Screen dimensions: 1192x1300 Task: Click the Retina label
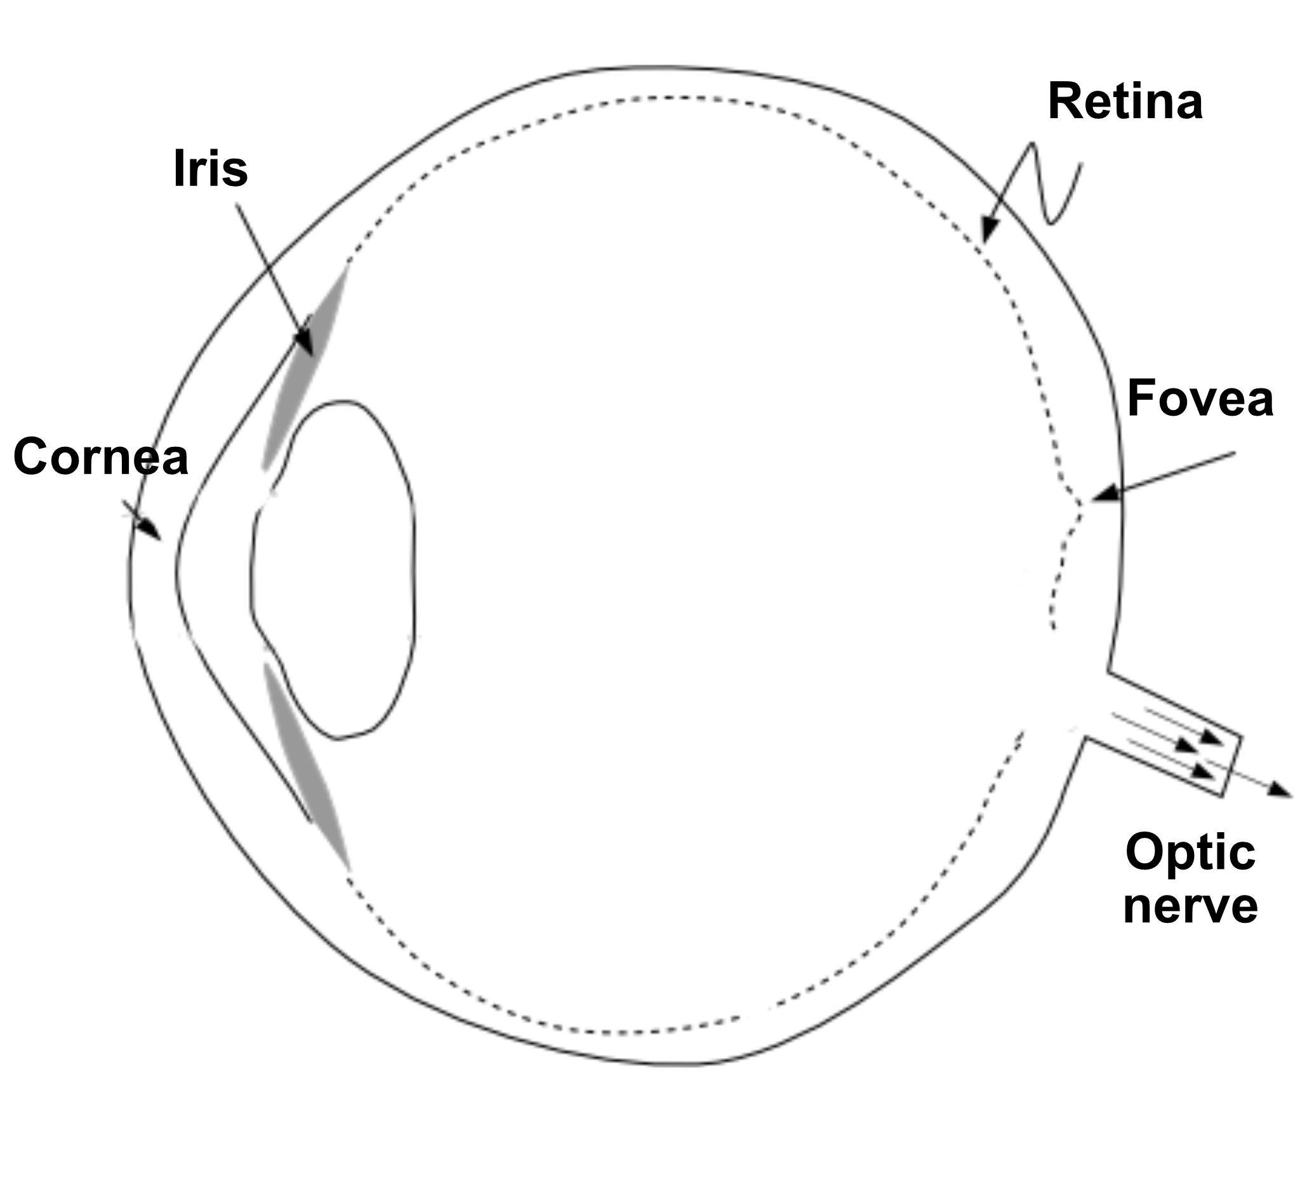coord(1125,102)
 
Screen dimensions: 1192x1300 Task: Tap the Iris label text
coord(210,169)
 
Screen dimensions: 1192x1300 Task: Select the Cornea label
coord(101,456)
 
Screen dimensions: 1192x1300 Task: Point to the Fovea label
coord(1200,398)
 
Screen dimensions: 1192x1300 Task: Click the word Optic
coord(1190,852)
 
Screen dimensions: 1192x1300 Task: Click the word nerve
coord(1190,906)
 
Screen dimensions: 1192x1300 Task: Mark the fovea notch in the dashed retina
coord(1081,503)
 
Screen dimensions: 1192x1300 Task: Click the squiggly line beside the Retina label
coord(1049,187)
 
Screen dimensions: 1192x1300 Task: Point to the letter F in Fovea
coord(1140,398)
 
